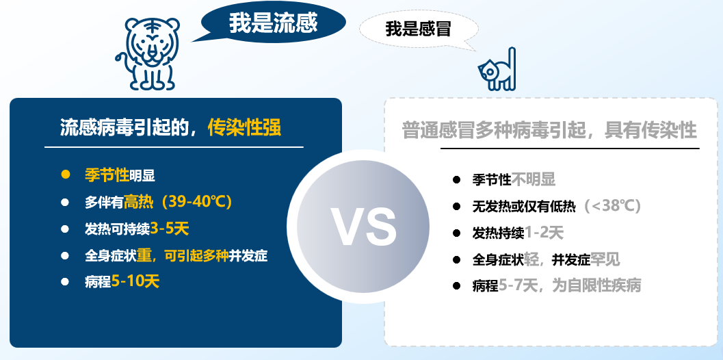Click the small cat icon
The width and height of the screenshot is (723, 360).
[x=497, y=69]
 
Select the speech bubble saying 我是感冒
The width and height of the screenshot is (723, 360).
[x=418, y=29]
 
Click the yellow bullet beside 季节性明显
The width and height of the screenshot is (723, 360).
[x=66, y=175]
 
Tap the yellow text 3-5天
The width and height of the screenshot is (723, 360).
[x=169, y=228]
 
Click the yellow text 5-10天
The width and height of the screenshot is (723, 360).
[x=135, y=281]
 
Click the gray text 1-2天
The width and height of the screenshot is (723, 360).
[x=544, y=233]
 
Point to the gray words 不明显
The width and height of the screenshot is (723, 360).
[x=534, y=179]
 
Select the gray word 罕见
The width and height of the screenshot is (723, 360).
[x=605, y=259]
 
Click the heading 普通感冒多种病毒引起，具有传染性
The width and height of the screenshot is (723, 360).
[x=549, y=130]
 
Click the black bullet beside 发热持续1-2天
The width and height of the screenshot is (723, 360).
[x=456, y=233]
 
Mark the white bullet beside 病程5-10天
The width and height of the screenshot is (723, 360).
[x=65, y=281]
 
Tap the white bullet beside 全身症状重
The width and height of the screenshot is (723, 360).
[x=65, y=255]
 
